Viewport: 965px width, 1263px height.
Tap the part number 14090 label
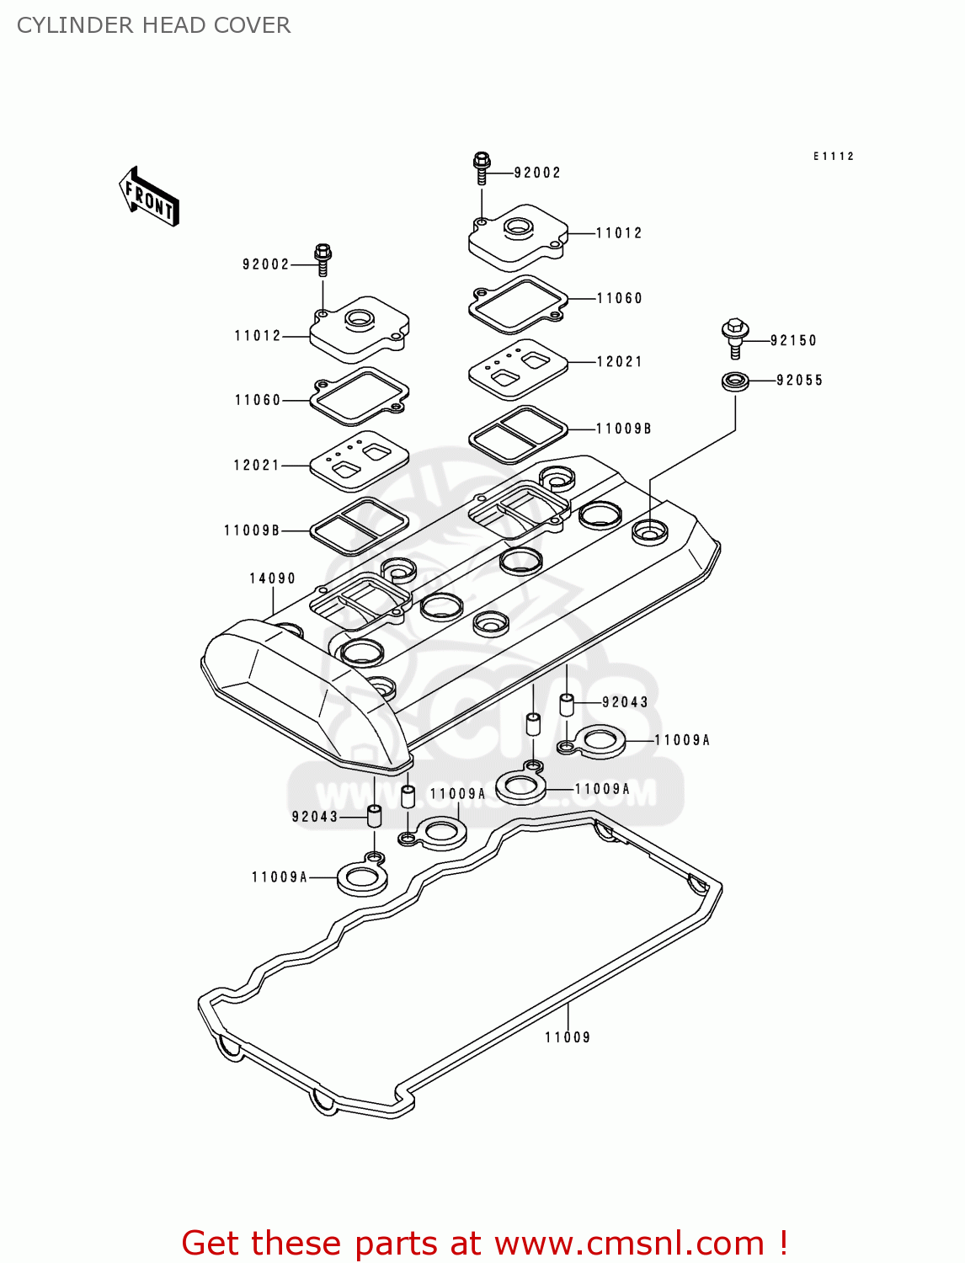(272, 578)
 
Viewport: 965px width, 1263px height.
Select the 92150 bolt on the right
(735, 336)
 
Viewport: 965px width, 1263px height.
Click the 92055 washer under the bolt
(735, 381)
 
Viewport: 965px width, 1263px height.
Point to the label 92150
(793, 341)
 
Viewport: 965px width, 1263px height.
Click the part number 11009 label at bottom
(568, 1037)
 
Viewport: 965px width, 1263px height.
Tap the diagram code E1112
(834, 157)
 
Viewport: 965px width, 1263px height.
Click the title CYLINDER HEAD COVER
(154, 25)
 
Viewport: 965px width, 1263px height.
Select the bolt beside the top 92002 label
(482, 168)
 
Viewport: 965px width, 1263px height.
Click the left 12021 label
(257, 465)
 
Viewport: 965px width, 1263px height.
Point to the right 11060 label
(620, 298)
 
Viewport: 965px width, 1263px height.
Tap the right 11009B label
(624, 429)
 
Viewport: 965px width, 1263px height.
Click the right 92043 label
(626, 702)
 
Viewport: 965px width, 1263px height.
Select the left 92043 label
(315, 817)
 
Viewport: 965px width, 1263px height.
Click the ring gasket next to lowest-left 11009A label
(362, 877)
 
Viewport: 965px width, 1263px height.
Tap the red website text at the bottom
(484, 1243)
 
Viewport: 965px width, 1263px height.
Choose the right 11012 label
(619, 233)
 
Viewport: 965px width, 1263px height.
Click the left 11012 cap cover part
(360, 329)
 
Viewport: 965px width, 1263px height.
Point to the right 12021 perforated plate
(517, 369)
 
